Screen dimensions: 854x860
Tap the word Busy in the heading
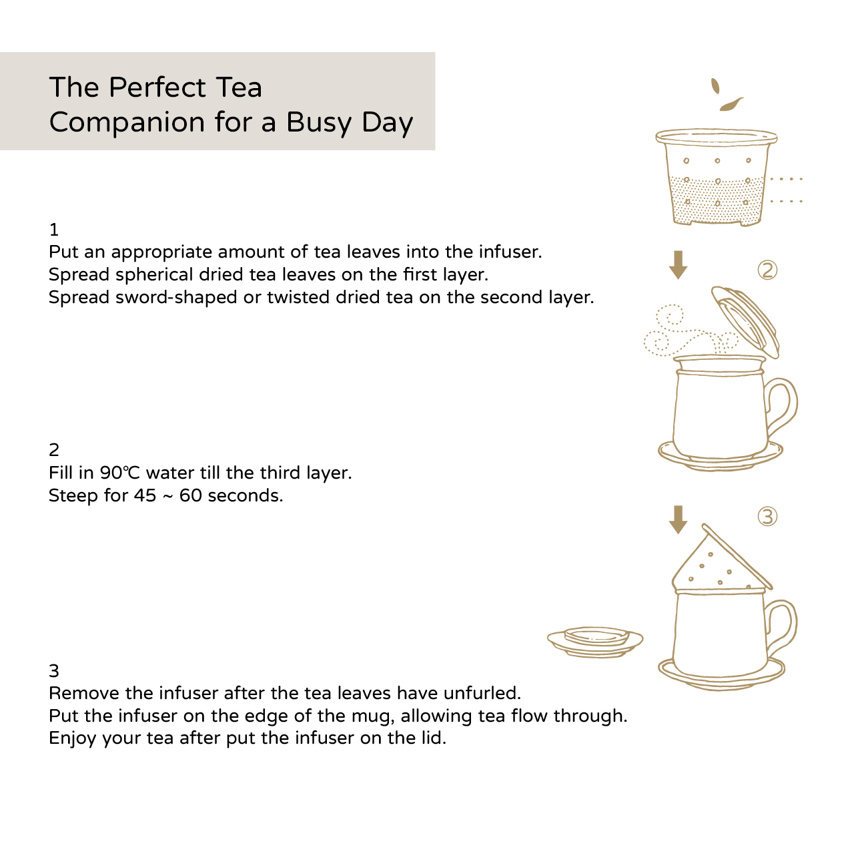click(x=318, y=123)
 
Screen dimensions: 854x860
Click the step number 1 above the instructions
click(x=54, y=230)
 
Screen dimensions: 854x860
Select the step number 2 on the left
click(x=54, y=449)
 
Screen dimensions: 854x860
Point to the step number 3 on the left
click(x=54, y=671)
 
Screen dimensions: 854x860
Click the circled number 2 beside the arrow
click(x=767, y=270)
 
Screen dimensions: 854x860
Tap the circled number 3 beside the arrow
click(x=767, y=516)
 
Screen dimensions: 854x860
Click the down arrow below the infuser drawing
click(x=678, y=265)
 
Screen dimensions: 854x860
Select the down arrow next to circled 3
click(x=678, y=519)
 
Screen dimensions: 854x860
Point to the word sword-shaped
click(x=175, y=298)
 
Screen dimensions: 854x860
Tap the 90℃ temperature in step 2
click(x=119, y=473)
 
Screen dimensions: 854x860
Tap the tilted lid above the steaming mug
click(x=745, y=321)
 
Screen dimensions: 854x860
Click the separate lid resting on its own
click(x=595, y=642)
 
